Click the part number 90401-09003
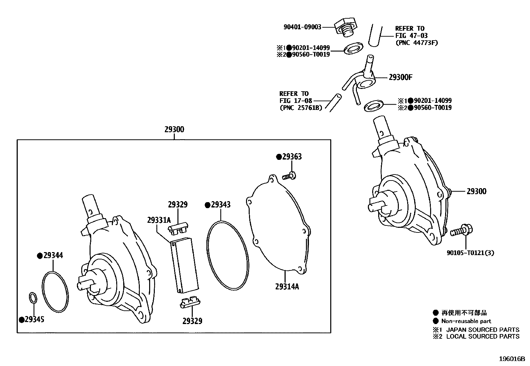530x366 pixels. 302,27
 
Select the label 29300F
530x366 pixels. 400,78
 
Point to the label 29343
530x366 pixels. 220,205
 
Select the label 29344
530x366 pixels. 53,255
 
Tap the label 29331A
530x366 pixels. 159,220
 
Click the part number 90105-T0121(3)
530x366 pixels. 470,253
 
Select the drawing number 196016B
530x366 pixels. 511,359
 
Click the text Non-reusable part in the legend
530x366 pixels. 466,321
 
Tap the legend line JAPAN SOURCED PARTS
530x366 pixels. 482,330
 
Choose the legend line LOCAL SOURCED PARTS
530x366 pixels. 482,336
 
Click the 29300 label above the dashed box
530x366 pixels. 174,129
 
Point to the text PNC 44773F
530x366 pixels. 416,43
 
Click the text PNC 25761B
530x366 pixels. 301,108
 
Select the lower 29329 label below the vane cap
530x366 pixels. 192,321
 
